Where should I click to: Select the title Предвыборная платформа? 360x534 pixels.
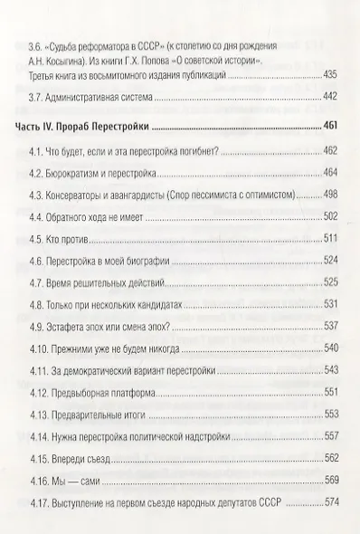tap(112, 394)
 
